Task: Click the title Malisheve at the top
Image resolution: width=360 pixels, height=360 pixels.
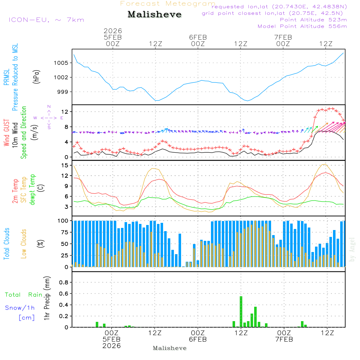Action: (x=155, y=15)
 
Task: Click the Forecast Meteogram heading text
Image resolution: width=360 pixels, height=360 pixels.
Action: (x=168, y=4)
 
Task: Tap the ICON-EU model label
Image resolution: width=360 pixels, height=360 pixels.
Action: (x=46, y=20)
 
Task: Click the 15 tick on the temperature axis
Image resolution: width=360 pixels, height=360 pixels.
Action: (x=65, y=165)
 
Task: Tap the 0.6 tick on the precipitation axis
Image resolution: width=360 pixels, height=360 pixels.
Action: (x=63, y=293)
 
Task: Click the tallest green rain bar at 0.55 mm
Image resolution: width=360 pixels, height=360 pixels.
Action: (x=241, y=311)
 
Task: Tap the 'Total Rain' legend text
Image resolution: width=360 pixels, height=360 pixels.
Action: (x=24, y=295)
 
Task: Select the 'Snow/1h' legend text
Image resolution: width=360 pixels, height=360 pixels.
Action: (x=20, y=308)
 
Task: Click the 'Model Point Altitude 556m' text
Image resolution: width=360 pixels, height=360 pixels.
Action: (x=302, y=26)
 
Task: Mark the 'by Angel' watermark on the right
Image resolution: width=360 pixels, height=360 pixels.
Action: (x=352, y=249)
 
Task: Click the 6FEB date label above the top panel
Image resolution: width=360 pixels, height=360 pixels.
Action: (x=198, y=37)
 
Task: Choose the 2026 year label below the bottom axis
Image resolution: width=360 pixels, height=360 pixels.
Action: (x=111, y=346)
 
